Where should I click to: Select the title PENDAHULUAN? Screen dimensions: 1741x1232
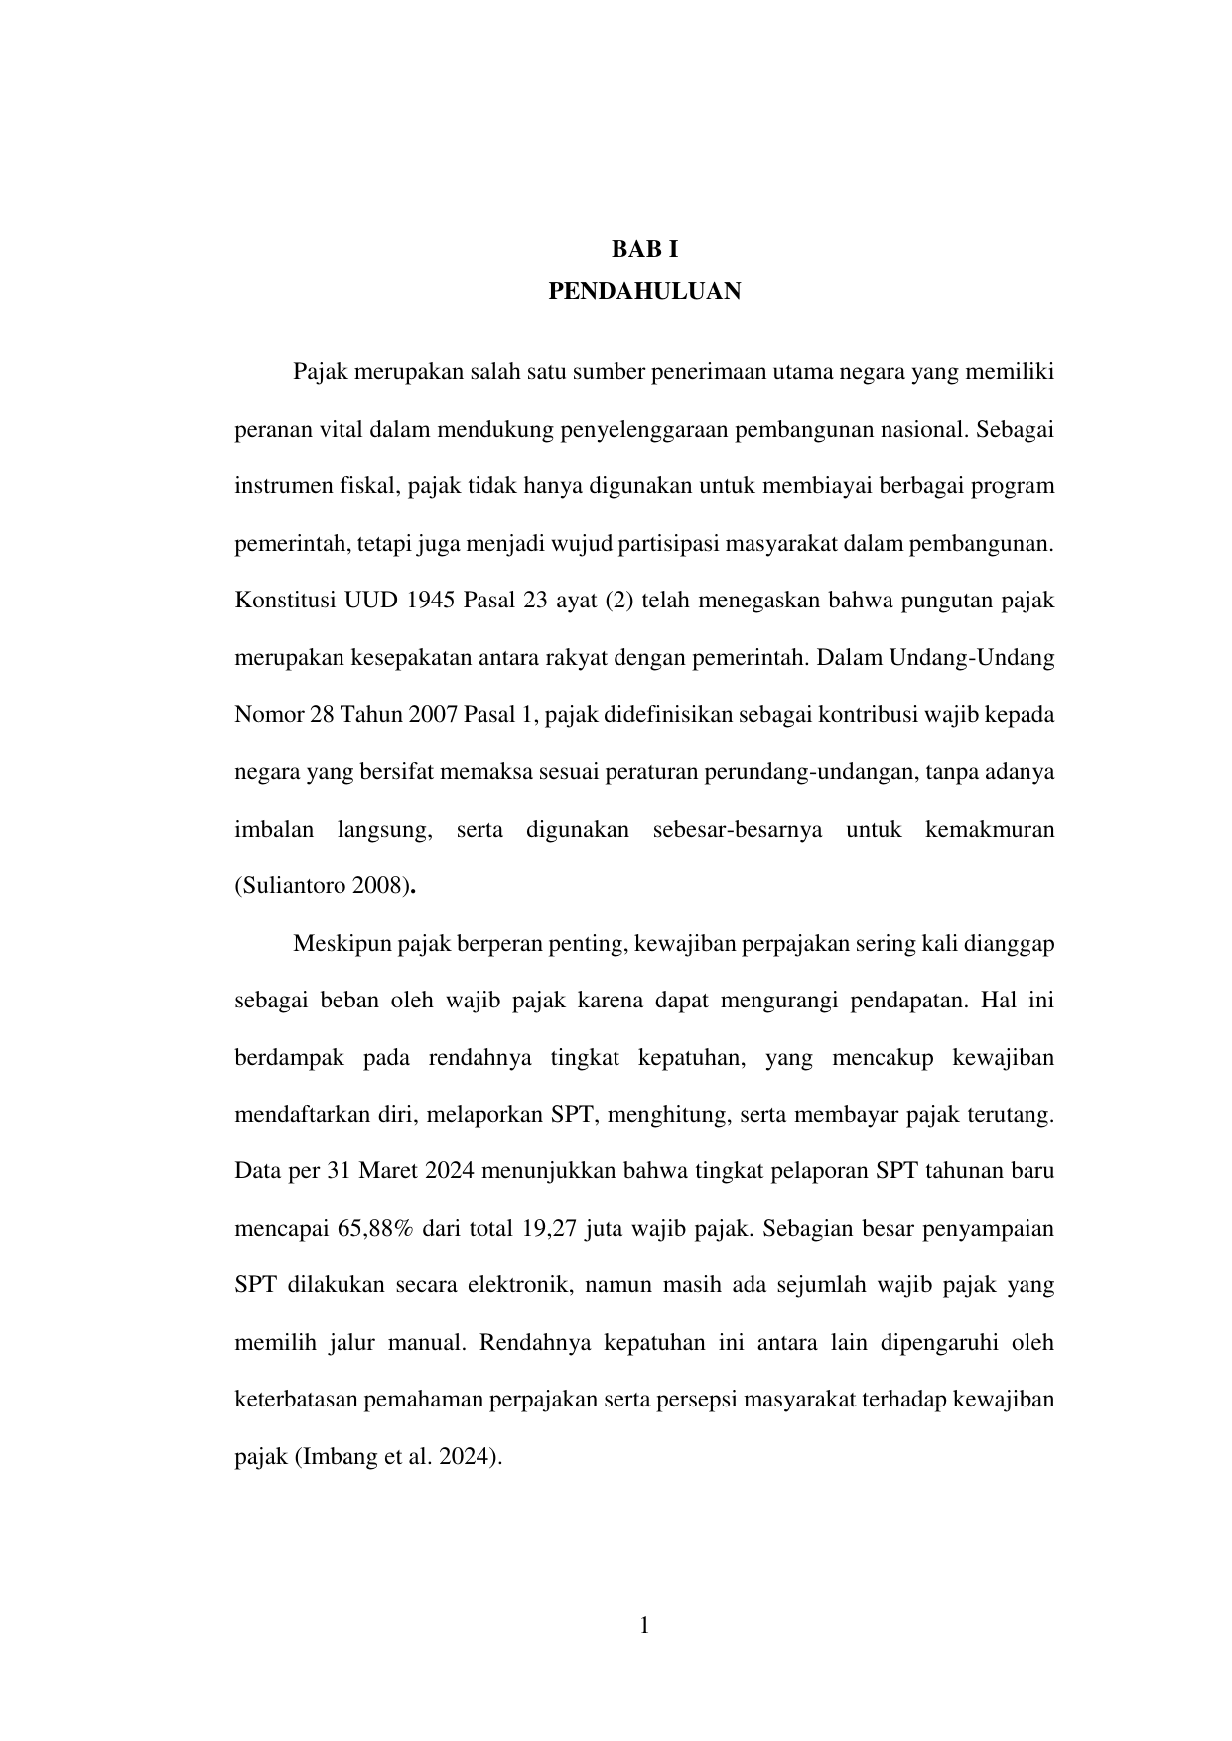tap(644, 292)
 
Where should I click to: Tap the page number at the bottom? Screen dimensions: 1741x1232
tap(644, 1625)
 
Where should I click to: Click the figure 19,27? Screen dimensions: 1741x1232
tap(546, 1229)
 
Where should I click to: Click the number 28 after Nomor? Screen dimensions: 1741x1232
tap(322, 715)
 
